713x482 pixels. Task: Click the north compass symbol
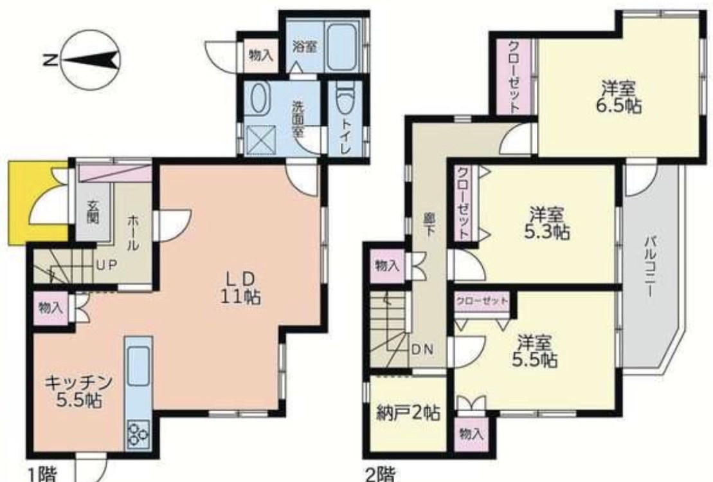click(x=90, y=60)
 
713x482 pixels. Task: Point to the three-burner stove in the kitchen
click(x=138, y=431)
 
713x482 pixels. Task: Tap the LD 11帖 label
click(x=240, y=288)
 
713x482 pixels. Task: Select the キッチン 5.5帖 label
click(x=78, y=391)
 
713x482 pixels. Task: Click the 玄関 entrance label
click(x=93, y=211)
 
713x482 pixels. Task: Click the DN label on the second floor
click(x=422, y=349)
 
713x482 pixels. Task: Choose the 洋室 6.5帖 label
click(x=618, y=97)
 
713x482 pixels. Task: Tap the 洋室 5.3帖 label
click(x=547, y=223)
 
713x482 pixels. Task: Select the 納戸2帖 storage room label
click(x=408, y=412)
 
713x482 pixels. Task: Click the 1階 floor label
click(x=42, y=475)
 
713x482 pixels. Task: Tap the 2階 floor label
click(x=381, y=475)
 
